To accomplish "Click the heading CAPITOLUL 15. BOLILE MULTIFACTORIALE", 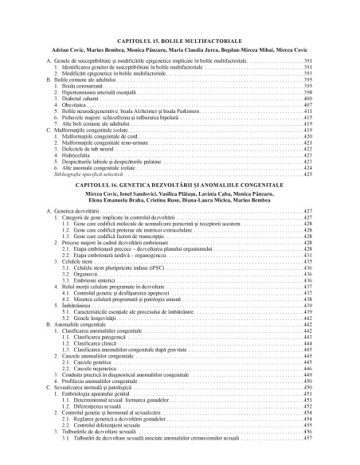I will (180, 39).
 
